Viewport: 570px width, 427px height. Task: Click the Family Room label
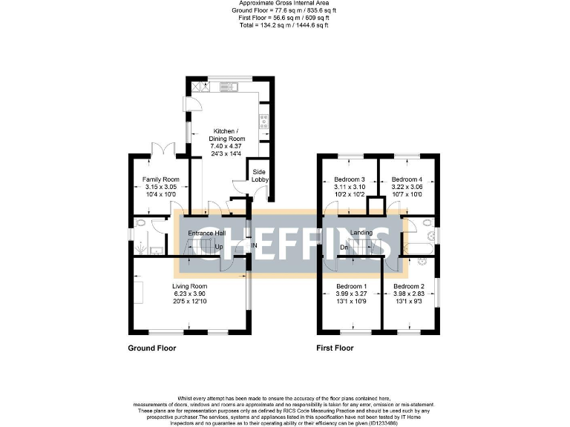click(x=161, y=179)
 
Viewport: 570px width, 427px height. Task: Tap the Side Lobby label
click(x=260, y=175)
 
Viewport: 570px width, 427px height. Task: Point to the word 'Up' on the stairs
click(x=218, y=246)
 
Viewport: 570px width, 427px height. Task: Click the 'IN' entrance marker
click(x=253, y=245)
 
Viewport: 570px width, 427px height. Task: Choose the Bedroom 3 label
click(x=349, y=179)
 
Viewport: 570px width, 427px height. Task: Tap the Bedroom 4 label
click(x=407, y=179)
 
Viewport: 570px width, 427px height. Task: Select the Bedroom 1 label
click(x=351, y=286)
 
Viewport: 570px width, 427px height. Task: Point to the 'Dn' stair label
click(x=344, y=247)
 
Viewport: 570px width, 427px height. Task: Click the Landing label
click(x=361, y=233)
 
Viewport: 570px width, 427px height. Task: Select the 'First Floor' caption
click(x=335, y=347)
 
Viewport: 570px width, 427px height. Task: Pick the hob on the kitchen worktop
click(x=263, y=120)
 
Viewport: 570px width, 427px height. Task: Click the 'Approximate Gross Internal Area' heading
click(x=285, y=4)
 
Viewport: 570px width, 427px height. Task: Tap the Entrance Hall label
click(x=206, y=234)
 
